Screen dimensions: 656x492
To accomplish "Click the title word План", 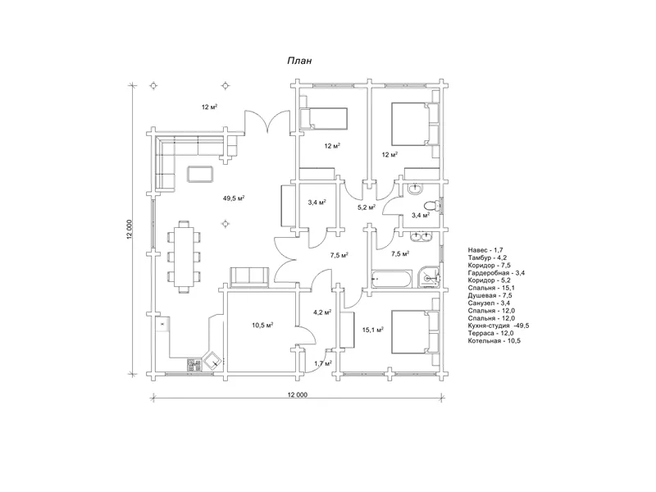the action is click(x=299, y=61).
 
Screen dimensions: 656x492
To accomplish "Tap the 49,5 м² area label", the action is click(x=234, y=198).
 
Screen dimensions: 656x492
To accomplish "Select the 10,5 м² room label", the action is click(x=262, y=325).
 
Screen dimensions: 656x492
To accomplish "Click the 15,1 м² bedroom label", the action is click(x=373, y=330).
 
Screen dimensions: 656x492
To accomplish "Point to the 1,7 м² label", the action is click(x=323, y=363).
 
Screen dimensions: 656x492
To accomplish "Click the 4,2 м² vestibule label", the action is click(x=322, y=312).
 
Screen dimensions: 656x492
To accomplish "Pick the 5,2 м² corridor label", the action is click(x=366, y=207).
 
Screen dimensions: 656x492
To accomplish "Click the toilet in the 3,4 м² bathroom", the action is click(x=432, y=206).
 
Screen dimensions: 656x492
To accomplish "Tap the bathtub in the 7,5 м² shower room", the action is click(x=391, y=279).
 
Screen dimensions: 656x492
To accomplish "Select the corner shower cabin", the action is click(x=427, y=276).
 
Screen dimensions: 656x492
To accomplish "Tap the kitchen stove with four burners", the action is click(x=194, y=365).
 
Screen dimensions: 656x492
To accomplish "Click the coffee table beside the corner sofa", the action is click(x=201, y=174).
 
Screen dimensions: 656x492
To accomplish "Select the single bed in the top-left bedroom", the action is click(x=323, y=118).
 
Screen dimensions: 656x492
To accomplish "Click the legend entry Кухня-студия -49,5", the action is click(x=499, y=326).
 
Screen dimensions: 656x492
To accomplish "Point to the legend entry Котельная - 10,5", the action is click(x=494, y=340).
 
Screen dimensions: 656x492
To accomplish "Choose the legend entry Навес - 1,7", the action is click(x=485, y=250).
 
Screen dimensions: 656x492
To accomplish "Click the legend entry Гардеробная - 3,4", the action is click(x=497, y=273).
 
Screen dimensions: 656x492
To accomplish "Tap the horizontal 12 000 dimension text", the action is click(x=297, y=394).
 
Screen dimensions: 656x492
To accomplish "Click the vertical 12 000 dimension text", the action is click(x=130, y=230).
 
